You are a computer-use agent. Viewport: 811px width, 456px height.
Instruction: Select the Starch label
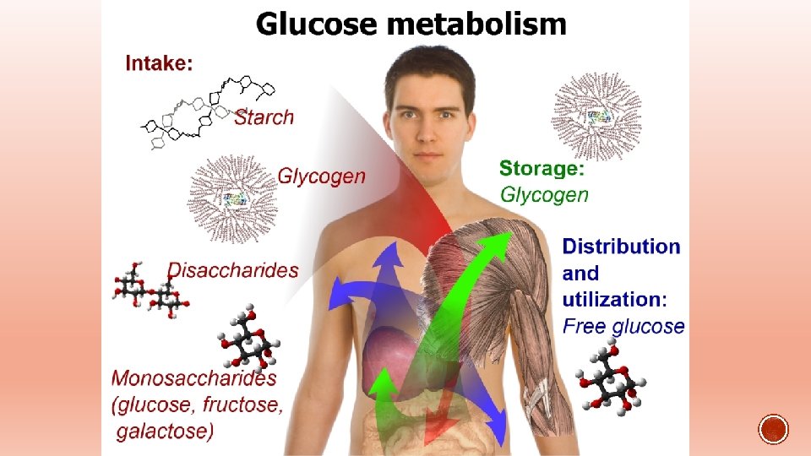[264, 117]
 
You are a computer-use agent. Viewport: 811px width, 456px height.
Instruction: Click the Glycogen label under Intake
[322, 176]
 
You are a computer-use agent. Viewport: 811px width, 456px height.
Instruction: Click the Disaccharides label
[233, 270]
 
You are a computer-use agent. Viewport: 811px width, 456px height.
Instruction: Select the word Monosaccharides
[195, 378]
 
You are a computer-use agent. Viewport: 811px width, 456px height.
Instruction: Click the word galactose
[166, 432]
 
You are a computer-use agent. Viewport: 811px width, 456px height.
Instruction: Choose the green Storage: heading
[542, 169]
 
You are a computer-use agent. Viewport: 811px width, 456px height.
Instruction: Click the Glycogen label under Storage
[544, 194]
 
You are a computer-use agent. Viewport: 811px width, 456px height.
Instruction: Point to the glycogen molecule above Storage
[596, 116]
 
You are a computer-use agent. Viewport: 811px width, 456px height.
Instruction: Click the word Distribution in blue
[621, 247]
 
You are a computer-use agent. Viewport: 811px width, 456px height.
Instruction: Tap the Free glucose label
[623, 325]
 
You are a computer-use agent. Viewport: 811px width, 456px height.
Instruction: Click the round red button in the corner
[773, 430]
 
